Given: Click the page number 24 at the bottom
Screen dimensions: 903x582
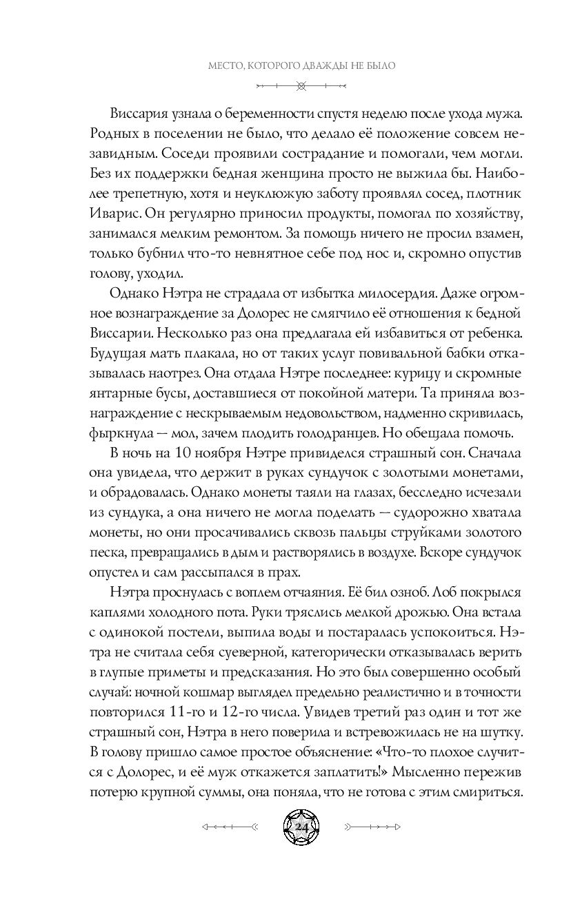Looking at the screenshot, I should click(x=301, y=825).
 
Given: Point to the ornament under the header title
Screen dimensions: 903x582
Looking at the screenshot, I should click(x=300, y=86).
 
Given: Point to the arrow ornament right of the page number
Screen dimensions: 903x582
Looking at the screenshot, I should click(x=372, y=825).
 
